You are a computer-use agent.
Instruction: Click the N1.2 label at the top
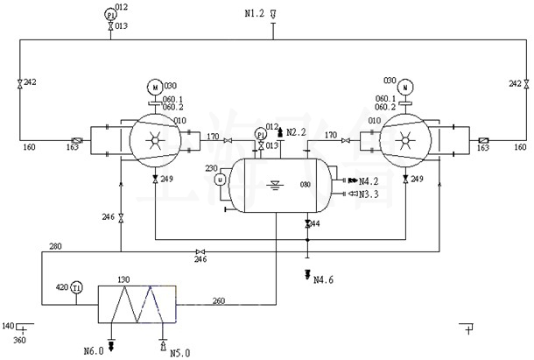[x=253, y=13]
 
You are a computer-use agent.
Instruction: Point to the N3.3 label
[x=369, y=194]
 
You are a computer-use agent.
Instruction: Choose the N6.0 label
[x=94, y=351]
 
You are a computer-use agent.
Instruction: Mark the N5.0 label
[x=179, y=352]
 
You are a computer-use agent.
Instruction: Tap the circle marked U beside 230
[x=221, y=179]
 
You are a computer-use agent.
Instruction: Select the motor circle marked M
[x=154, y=87]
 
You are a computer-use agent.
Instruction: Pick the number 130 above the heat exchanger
[x=124, y=279]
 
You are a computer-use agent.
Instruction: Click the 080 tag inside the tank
[x=306, y=185]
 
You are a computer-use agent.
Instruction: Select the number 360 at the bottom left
[x=19, y=339]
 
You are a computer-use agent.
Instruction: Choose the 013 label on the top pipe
[x=121, y=26]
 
